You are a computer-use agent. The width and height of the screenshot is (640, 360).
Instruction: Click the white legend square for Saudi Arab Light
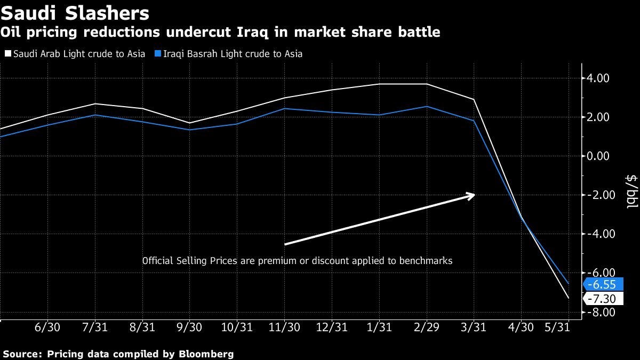[x=7, y=54]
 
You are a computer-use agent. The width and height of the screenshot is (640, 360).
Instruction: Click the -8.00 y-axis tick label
[x=598, y=313]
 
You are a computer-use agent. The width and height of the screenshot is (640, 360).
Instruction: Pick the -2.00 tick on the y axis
[x=598, y=195]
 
